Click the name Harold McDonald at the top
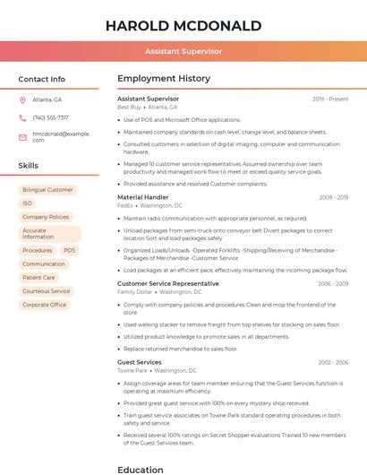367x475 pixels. [x=183, y=25]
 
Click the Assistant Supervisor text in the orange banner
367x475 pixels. [x=183, y=52]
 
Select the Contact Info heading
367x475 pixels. [x=42, y=79]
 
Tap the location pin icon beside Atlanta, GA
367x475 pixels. [x=22, y=99]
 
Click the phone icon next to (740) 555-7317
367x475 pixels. [x=22, y=117]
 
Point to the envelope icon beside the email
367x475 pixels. [x=22, y=136]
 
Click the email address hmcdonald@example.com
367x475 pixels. [x=61, y=136]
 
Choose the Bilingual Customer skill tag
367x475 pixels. [x=47, y=190]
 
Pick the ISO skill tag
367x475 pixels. [x=27, y=203]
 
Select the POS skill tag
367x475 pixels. [x=69, y=251]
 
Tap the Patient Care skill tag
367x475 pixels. [x=38, y=278]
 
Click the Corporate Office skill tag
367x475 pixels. [x=45, y=305]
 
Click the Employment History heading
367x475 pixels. [x=164, y=79]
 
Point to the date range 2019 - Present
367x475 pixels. [x=330, y=99]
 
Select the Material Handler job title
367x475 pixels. [x=143, y=197]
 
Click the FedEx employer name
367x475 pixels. [x=125, y=205]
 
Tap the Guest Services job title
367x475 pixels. [x=140, y=362]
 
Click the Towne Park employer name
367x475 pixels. [x=132, y=370]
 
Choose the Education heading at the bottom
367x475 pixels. [x=141, y=469]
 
